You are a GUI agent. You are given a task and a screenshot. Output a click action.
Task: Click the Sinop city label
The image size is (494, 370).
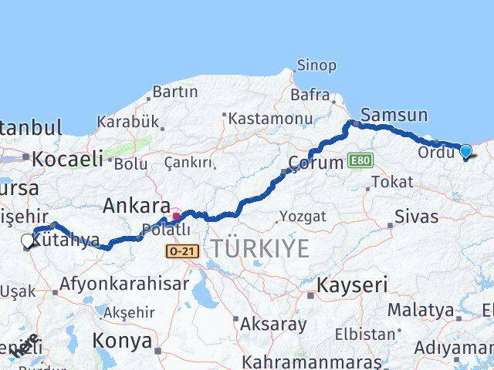coord(317,66)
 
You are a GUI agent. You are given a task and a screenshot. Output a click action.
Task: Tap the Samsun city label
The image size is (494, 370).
coord(394,115)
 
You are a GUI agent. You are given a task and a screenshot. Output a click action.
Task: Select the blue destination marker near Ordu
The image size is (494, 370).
coord(465,151)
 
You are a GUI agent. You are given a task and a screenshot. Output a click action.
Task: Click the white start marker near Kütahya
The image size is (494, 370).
coord(28,241)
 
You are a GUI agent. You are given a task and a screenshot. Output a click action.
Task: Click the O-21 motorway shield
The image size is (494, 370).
coord(182,251)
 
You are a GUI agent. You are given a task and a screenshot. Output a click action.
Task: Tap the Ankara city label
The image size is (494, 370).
coord(137,206)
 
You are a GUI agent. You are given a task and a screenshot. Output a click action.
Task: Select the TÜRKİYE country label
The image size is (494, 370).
coord(260,248)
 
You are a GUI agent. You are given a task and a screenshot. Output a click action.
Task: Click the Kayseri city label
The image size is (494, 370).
coord(351,284)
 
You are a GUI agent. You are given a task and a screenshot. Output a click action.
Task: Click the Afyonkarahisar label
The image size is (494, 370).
coord(123,283)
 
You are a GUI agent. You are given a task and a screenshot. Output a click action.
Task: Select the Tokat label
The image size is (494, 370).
coord(391,182)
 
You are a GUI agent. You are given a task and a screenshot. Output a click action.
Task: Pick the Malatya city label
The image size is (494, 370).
coord(420,310)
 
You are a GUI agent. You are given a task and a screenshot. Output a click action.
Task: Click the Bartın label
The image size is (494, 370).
coord(175,92)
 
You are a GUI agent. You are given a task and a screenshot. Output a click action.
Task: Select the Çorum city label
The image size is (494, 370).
coord(315,163)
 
